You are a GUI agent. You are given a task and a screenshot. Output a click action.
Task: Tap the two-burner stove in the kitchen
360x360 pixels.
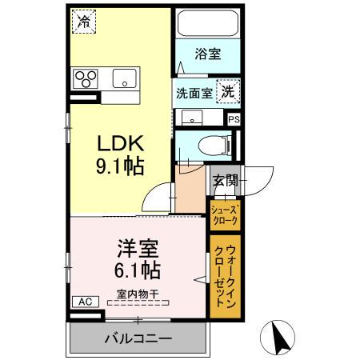click(86, 78)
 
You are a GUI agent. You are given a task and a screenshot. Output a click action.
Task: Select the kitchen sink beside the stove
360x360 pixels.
click(124, 78)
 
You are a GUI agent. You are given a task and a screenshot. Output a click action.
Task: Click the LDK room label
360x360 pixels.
click(120, 144)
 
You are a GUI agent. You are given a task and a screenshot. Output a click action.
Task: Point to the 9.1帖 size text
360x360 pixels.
click(120, 167)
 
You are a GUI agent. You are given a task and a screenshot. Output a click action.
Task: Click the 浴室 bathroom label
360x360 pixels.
click(208, 54)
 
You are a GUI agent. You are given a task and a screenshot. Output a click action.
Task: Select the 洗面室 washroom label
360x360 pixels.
click(194, 92)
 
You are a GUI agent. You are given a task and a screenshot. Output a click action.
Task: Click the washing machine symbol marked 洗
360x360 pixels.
click(229, 91)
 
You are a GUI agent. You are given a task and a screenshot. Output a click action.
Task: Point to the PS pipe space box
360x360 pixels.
click(233, 119)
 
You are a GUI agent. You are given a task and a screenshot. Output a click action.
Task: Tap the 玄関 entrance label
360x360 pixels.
click(225, 181)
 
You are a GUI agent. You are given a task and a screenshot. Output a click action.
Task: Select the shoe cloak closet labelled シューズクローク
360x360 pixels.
click(224, 214)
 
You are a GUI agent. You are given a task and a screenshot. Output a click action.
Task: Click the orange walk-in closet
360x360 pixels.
click(224, 274)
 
